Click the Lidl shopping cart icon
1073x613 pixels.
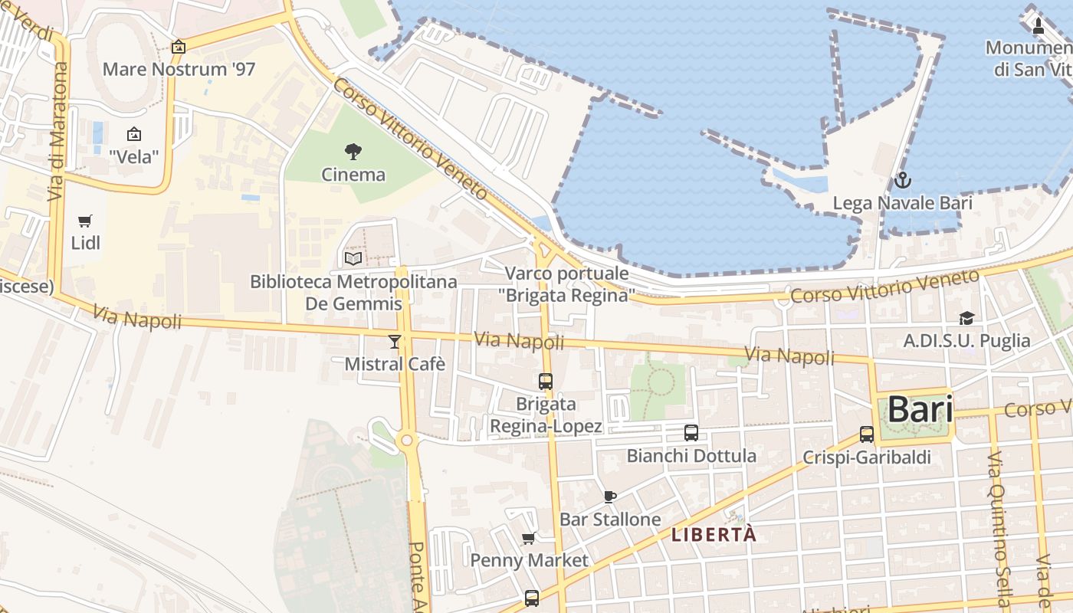tap(85, 221)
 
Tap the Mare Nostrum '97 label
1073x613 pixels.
tap(179, 69)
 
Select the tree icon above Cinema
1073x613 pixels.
tap(353, 151)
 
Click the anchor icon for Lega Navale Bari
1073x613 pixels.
tap(903, 181)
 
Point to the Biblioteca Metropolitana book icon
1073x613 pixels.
tap(353, 259)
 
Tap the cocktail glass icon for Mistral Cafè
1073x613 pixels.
tap(395, 341)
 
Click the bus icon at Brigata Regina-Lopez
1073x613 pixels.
tap(546, 381)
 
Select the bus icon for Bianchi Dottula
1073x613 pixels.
tap(691, 433)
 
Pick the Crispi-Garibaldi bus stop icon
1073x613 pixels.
tap(867, 434)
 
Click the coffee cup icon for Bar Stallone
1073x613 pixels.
tap(610, 497)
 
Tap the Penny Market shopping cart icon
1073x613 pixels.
tap(529, 538)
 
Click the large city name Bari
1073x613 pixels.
tap(920, 410)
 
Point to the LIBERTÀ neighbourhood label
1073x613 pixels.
tap(714, 535)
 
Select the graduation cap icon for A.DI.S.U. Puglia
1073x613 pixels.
tap(966, 318)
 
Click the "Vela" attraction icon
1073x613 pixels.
tap(134, 134)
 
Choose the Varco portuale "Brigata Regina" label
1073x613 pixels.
tap(566, 284)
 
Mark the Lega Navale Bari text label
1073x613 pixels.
tap(902, 203)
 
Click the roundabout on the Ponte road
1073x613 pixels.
tap(406, 440)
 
